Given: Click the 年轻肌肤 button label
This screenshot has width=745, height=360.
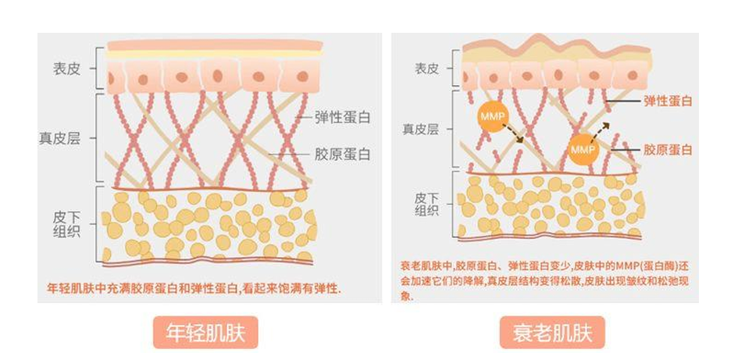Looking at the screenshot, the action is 205,333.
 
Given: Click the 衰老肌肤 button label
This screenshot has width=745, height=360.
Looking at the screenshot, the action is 552,333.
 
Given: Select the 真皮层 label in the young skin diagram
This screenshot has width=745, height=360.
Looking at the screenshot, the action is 59,138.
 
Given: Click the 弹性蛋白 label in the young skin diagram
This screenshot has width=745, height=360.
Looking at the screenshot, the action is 342,117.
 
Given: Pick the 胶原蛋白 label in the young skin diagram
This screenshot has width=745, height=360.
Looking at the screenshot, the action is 342,155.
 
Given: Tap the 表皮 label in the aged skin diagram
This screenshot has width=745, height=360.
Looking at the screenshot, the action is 426,69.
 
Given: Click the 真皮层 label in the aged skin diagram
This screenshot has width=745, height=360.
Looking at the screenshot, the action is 422,129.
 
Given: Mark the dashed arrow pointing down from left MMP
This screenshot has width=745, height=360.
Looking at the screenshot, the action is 513,134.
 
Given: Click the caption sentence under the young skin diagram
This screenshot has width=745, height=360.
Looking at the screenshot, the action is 195,289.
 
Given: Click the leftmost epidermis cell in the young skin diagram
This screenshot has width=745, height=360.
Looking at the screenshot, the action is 116,77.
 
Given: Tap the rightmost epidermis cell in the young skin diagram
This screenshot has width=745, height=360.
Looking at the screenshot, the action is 299,77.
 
